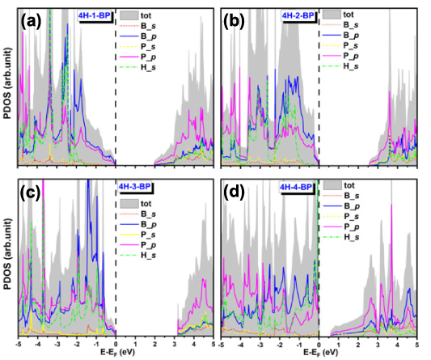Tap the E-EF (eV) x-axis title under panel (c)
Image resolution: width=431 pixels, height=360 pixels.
115,353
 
